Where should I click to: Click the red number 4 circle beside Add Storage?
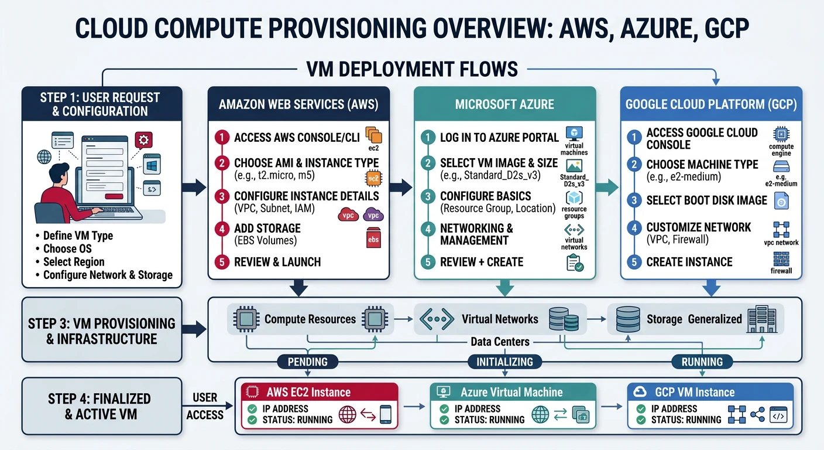pyautogui.click(x=222, y=229)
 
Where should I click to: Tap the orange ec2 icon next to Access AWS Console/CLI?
pyautogui.click(x=373, y=135)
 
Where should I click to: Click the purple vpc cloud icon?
pyautogui.click(x=373, y=214)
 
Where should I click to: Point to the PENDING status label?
pyautogui.click(x=308, y=362)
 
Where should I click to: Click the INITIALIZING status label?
pyautogui.click(x=504, y=362)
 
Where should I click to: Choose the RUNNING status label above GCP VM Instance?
pyautogui.click(x=702, y=362)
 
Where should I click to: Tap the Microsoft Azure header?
pyautogui.click(x=504, y=104)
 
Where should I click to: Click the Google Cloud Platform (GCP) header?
pyautogui.click(x=710, y=104)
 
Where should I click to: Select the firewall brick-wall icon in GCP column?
pyautogui.click(x=781, y=259)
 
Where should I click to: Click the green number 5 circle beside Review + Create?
pyautogui.click(x=428, y=262)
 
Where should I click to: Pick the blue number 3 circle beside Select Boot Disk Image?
pyautogui.click(x=634, y=200)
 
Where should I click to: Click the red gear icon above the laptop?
pyautogui.click(x=143, y=140)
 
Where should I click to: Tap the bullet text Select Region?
pyautogui.click(x=74, y=262)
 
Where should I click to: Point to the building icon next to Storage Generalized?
pyautogui.click(x=761, y=319)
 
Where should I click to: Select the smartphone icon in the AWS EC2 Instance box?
pyautogui.click(x=385, y=415)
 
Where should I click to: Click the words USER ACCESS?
pyautogui.click(x=205, y=406)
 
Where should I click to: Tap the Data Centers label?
pyautogui.click(x=500, y=342)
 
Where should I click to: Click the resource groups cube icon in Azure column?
pyautogui.click(x=574, y=197)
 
